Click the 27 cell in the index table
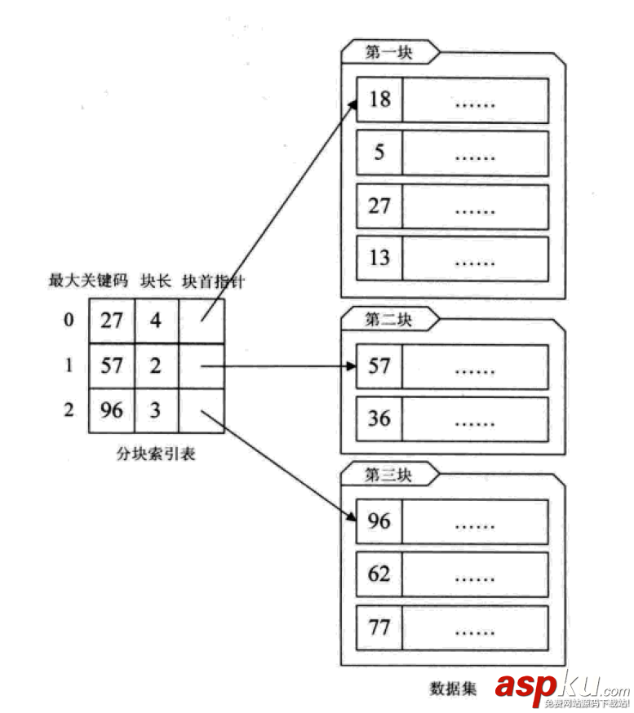[x=111, y=320]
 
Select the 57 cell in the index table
[x=111, y=365]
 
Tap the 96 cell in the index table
[x=111, y=410]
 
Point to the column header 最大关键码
[x=89, y=281]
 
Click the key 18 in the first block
[x=379, y=100]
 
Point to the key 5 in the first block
[x=379, y=153]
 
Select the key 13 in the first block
[x=379, y=258]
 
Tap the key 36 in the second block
[x=379, y=418]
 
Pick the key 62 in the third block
[x=379, y=574]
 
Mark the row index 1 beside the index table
[x=69, y=365]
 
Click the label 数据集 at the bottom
[x=453, y=686]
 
